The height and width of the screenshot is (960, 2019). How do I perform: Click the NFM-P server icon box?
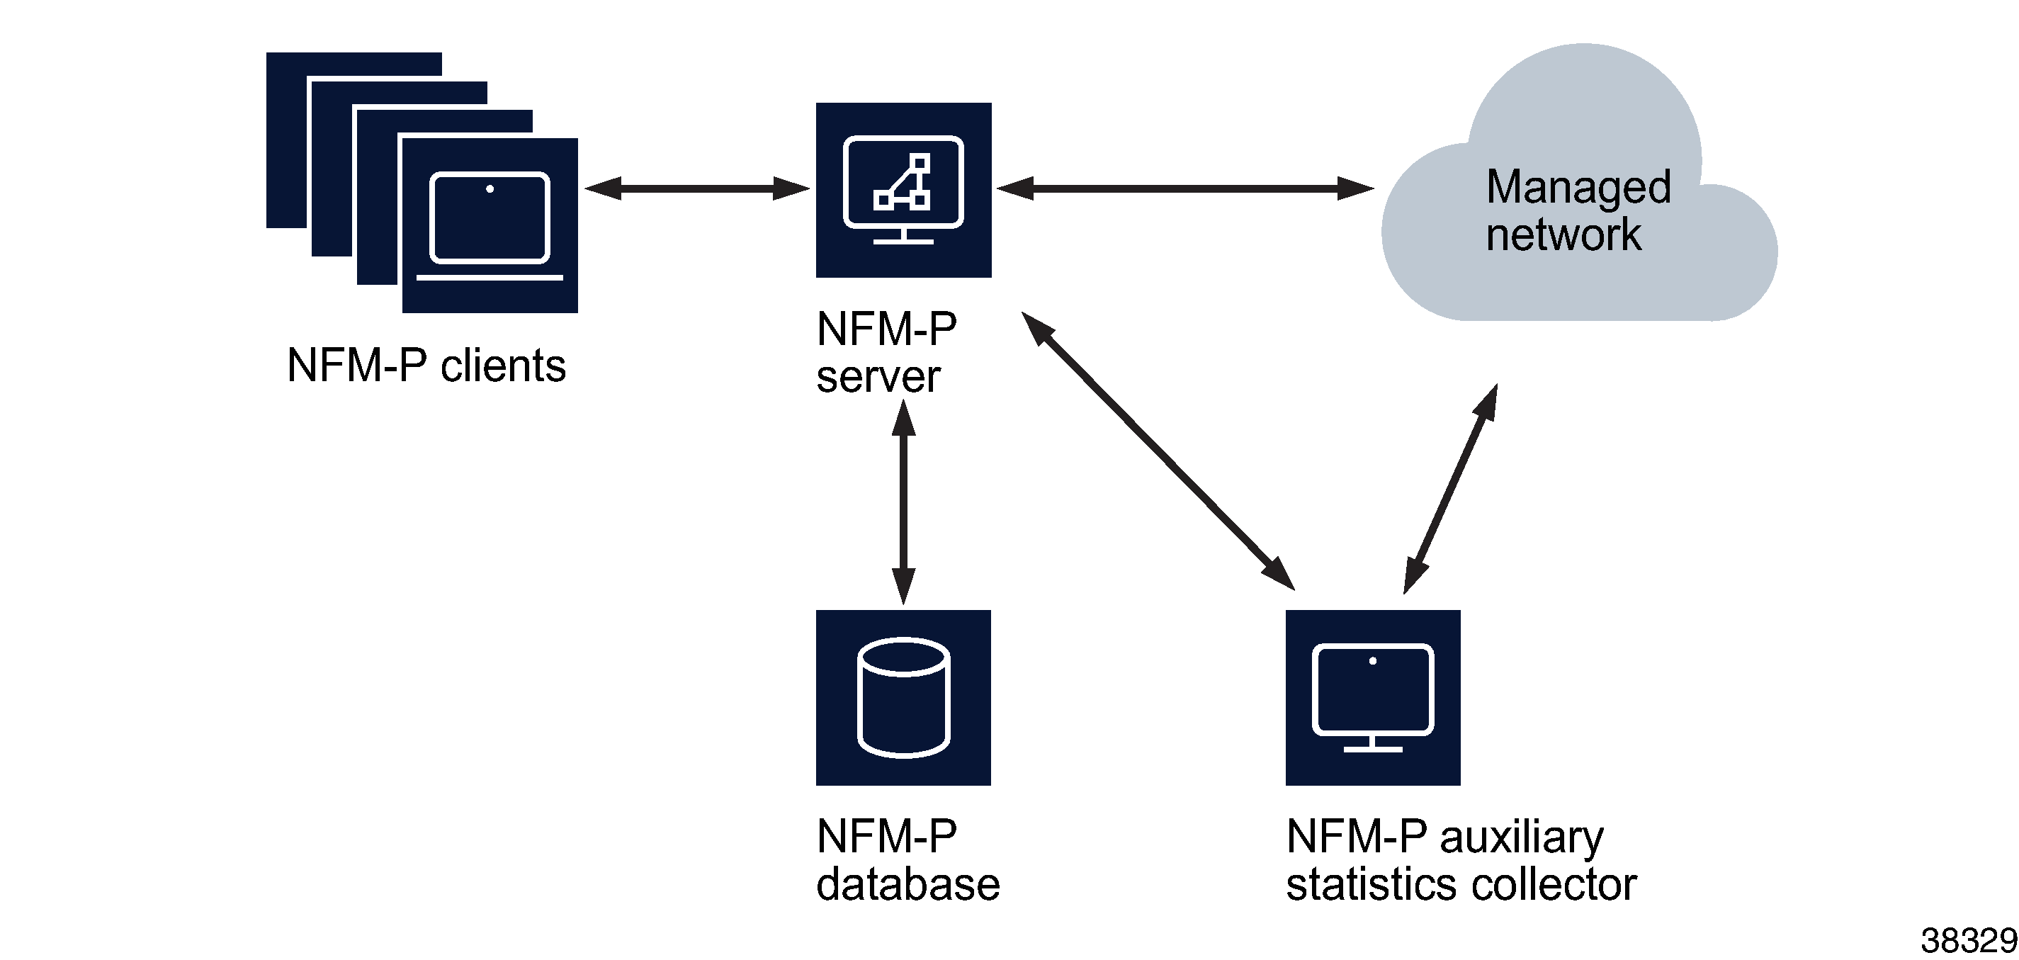pyautogui.click(x=903, y=191)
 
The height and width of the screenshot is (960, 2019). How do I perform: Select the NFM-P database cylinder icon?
pyautogui.click(x=903, y=697)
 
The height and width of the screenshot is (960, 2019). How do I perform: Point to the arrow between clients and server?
pyautogui.click(x=697, y=188)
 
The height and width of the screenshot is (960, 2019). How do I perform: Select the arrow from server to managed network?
pyautogui.click(x=1184, y=188)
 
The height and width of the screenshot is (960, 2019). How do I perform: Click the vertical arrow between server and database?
pyautogui.click(x=904, y=502)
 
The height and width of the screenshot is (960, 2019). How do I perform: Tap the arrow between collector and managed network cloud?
pyautogui.click(x=1451, y=488)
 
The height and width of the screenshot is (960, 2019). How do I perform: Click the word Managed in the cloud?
pyautogui.click(x=1578, y=188)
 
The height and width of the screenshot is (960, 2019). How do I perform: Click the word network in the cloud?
pyautogui.click(x=1563, y=235)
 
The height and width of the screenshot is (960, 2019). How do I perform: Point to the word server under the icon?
pyautogui.click(x=878, y=377)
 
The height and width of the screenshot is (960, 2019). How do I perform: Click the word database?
pyautogui.click(x=907, y=885)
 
